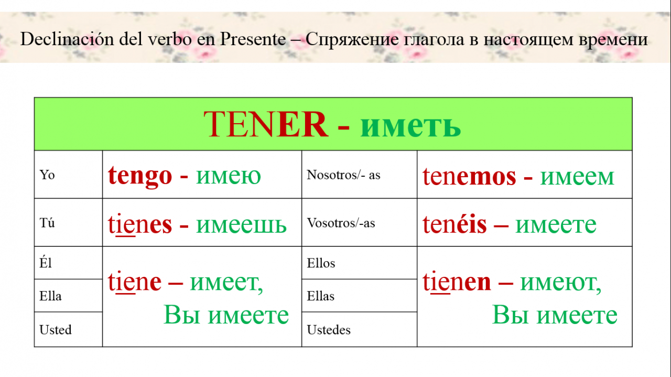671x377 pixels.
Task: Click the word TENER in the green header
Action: click(x=266, y=124)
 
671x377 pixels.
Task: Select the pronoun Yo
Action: click(x=47, y=175)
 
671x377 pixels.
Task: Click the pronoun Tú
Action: click(x=47, y=223)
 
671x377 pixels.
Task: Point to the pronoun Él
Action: click(x=46, y=263)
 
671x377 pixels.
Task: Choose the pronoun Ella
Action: click(x=50, y=296)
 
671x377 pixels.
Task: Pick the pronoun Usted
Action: click(x=56, y=330)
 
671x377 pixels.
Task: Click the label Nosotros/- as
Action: click(x=343, y=175)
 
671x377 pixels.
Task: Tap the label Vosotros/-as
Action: click(x=341, y=223)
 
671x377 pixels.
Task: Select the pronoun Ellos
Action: click(x=321, y=263)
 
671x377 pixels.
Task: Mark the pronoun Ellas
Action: click(x=320, y=296)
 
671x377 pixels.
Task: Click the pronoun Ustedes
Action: click(x=329, y=330)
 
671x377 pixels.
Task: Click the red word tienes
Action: click(x=140, y=224)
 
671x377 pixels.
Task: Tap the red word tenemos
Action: click(x=469, y=177)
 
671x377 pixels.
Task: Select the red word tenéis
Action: click(x=454, y=224)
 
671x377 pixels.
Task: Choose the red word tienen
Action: click(x=457, y=282)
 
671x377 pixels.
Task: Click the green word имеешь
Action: click(x=242, y=225)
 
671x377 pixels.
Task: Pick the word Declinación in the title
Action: click(x=67, y=39)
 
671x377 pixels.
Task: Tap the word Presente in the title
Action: click(x=253, y=39)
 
